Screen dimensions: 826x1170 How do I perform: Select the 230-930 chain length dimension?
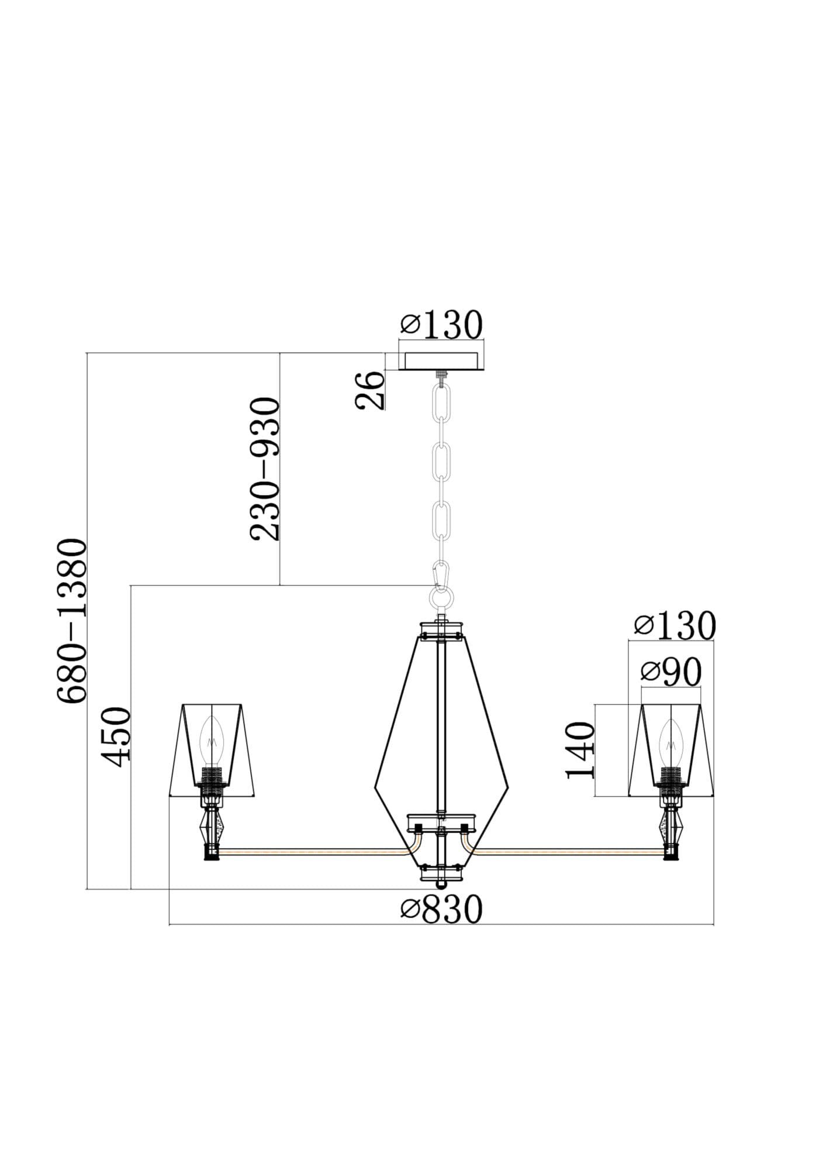click(265, 468)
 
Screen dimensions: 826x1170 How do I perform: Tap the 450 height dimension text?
click(115, 737)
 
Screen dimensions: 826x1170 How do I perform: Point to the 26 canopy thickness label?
click(369, 390)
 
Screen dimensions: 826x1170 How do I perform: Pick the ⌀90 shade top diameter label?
click(671, 672)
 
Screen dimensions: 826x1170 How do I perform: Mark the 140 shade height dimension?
click(580, 751)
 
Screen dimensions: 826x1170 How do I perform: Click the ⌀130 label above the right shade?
click(675, 625)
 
